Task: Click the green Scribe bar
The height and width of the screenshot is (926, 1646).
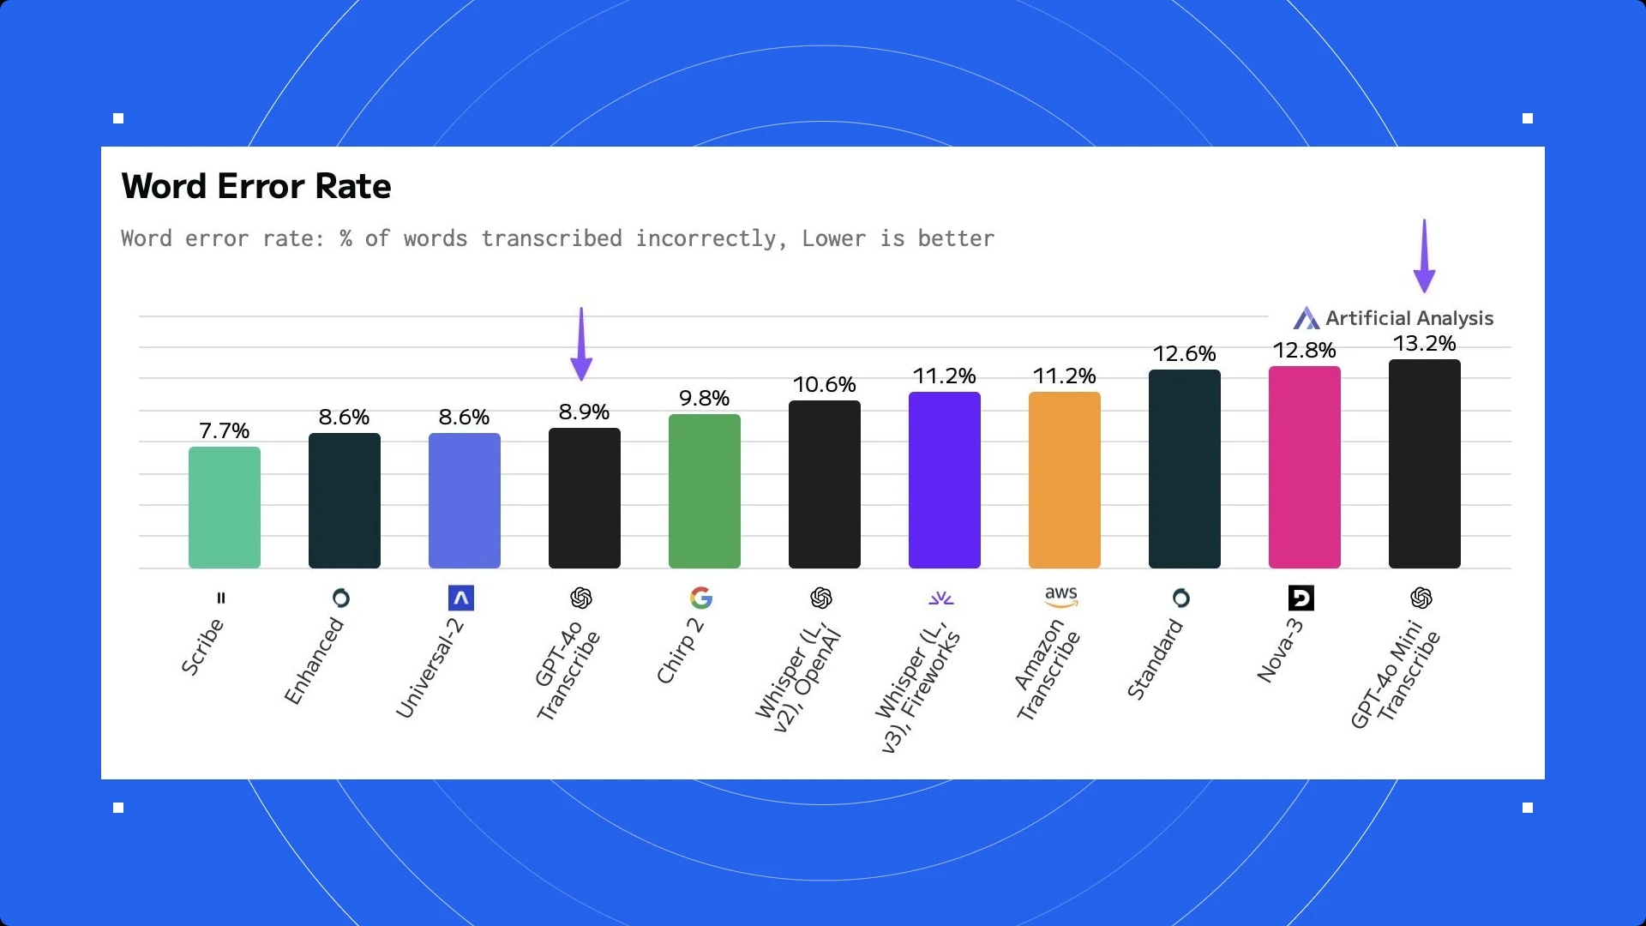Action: point(224,508)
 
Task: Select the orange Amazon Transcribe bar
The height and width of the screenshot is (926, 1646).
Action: point(1064,480)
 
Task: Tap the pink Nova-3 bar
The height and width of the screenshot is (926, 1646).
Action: point(1304,467)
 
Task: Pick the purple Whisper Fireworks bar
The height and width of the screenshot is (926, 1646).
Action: point(944,480)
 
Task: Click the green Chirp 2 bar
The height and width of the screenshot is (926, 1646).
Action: point(704,491)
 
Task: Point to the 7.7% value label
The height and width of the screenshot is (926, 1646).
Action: point(224,430)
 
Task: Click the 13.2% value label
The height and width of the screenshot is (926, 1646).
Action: point(1424,344)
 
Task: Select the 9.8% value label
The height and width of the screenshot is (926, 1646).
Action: point(704,399)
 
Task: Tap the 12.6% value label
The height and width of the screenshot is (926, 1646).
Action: point(1184,354)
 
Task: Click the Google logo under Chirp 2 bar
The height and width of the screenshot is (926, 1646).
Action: point(701,598)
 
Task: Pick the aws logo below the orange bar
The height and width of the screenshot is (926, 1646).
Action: point(1061,596)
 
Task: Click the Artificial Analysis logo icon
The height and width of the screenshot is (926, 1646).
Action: point(1307,318)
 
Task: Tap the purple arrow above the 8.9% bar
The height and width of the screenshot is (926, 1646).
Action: point(581,344)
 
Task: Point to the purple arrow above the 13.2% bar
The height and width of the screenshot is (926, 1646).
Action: point(1424,256)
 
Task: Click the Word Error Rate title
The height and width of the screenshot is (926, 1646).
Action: point(256,186)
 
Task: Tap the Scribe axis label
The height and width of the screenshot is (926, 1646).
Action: point(202,646)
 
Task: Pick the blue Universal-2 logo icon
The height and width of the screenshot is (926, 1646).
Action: point(461,598)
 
